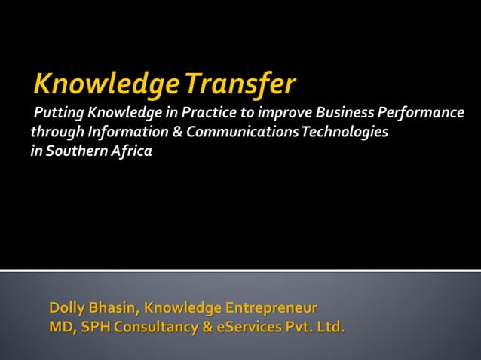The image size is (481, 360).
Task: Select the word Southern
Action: point(75,151)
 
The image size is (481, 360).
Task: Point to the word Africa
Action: point(130,151)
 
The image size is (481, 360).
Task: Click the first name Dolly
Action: point(66,308)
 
